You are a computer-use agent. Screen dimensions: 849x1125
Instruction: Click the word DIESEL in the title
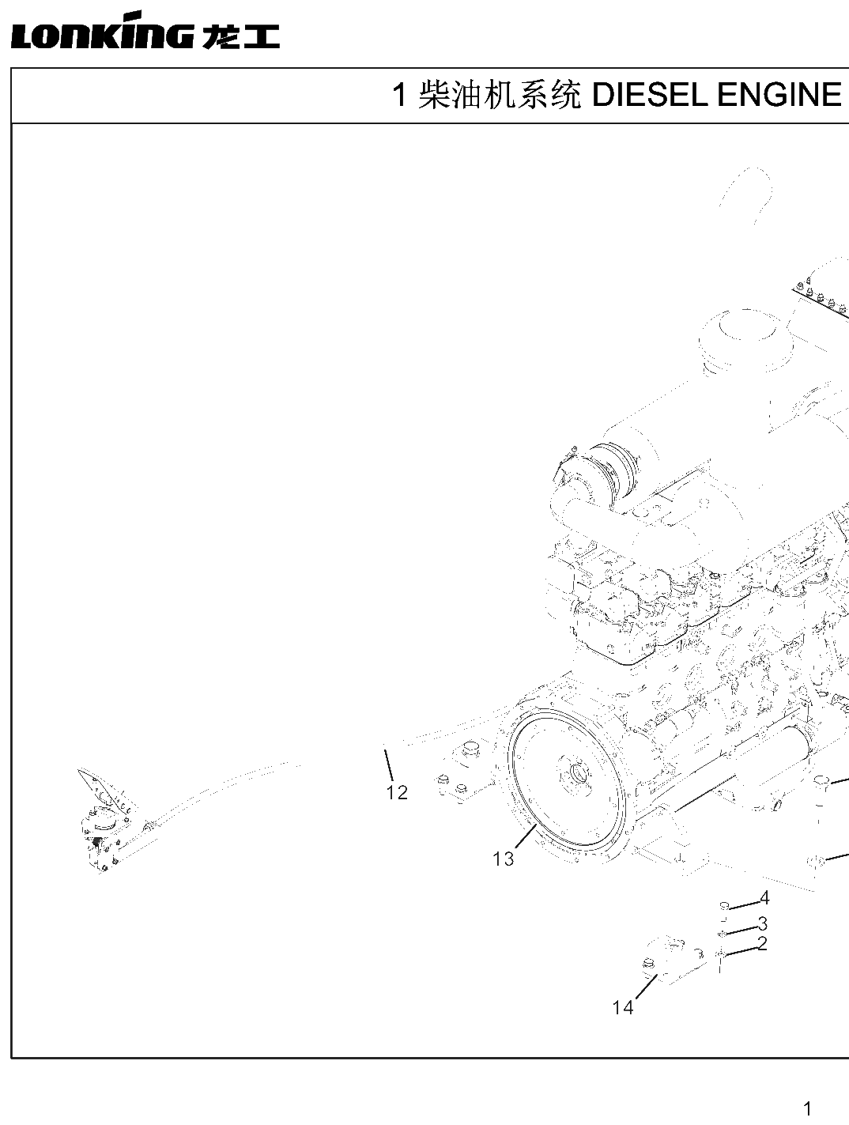coord(649,96)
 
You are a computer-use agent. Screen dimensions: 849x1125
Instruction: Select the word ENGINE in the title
coord(779,96)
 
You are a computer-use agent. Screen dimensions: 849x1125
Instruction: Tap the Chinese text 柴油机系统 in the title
coord(500,96)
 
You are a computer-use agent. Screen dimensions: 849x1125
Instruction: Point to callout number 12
coord(397,792)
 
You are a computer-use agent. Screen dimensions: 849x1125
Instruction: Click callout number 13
coord(503,859)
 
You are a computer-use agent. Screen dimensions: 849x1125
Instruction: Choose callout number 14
coord(623,1008)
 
